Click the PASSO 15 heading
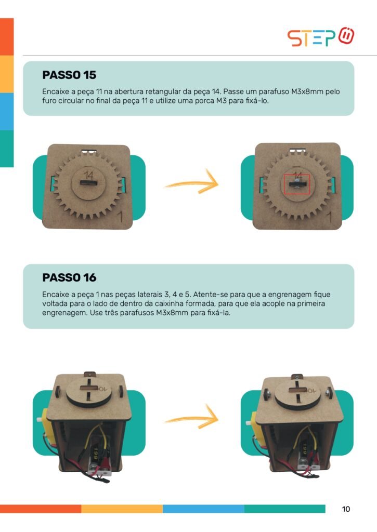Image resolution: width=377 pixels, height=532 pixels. tap(69, 75)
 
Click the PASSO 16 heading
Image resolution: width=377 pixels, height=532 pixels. tap(69, 277)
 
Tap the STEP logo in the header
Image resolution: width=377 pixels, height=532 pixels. tap(320, 37)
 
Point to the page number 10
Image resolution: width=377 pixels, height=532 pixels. tap(346, 509)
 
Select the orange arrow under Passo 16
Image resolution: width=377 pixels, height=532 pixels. tap(192, 418)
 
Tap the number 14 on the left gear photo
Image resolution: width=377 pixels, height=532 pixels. tap(88, 175)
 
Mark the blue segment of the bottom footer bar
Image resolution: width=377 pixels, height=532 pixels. tap(203, 509)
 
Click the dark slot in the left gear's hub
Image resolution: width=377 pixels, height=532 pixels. tap(88, 183)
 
